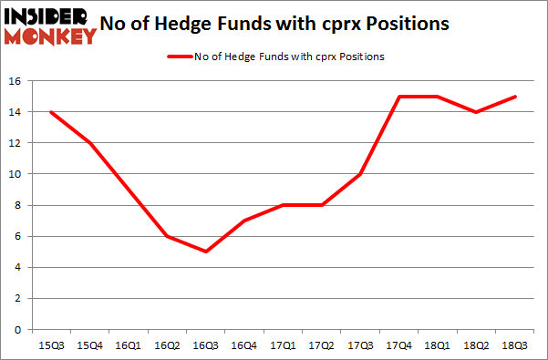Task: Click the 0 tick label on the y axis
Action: [x=18, y=329]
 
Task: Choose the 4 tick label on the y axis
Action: [x=18, y=267]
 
